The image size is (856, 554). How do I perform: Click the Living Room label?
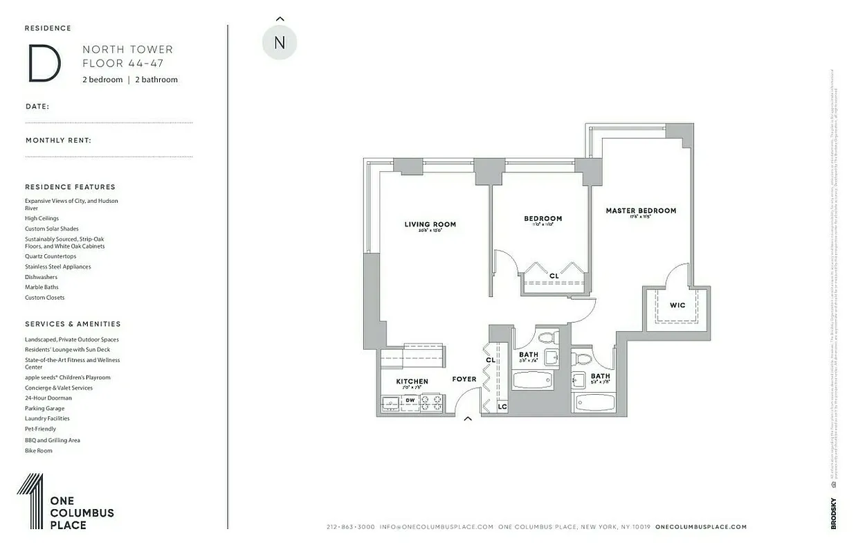430,224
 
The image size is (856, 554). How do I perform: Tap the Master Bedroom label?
641,211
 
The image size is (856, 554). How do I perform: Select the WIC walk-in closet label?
677,305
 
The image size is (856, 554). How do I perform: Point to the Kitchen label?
412,382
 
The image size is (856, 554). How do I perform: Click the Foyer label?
464,379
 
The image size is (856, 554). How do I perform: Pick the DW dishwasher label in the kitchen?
410,400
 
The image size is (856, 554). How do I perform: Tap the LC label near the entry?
502,406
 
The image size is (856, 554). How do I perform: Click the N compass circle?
280,42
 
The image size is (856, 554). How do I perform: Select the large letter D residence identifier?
44,64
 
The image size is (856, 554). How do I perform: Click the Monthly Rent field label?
58,141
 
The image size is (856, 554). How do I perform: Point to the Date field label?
37,107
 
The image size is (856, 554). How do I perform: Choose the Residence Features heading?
70,187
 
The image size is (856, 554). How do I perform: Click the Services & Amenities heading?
73,324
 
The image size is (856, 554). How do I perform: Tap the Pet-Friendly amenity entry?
40,429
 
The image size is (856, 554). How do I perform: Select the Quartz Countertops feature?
51,256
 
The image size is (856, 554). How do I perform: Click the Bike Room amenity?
38,451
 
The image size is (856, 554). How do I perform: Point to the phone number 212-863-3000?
350,527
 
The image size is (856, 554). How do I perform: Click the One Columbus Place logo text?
81,512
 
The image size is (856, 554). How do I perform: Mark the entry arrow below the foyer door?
468,418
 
